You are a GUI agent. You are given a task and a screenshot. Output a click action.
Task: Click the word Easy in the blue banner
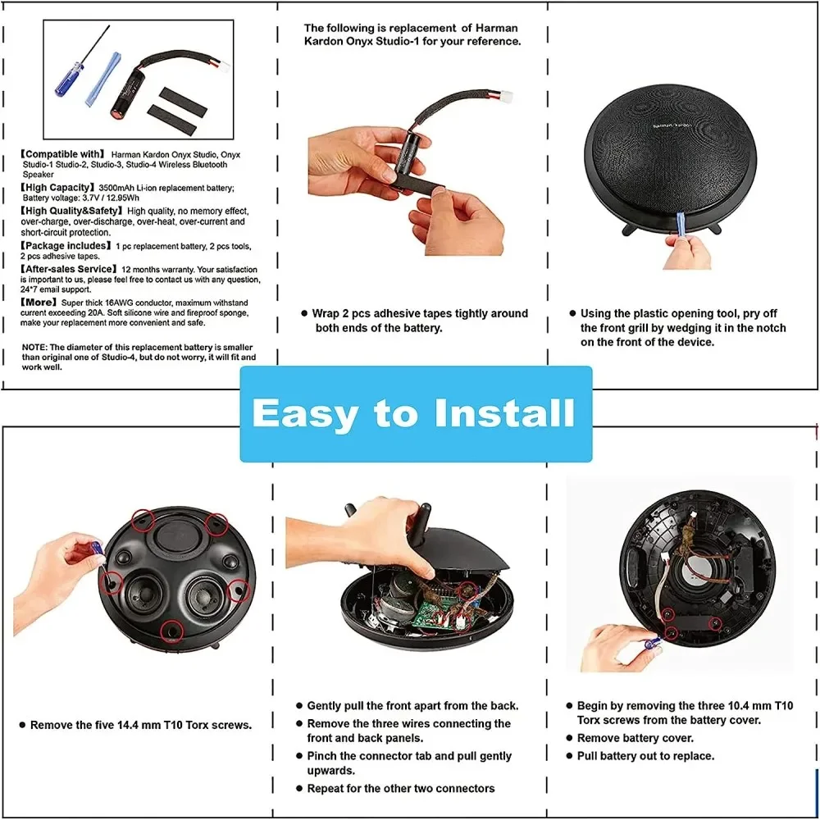pyautogui.click(x=305, y=414)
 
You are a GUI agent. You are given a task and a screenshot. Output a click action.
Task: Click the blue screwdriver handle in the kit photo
pyautogui.click(x=69, y=80)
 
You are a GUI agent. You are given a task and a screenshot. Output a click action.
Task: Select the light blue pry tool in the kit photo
pyautogui.click(x=103, y=79)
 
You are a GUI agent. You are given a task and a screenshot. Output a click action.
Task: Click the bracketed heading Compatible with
pyautogui.click(x=63, y=154)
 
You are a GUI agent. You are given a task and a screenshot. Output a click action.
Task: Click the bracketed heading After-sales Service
pyautogui.click(x=69, y=269)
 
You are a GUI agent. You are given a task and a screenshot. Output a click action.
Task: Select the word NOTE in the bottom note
pyautogui.click(x=34, y=347)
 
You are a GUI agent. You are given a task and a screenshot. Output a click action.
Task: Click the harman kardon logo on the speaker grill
pyautogui.click(x=672, y=125)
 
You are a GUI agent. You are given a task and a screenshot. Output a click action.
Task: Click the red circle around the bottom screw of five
pyautogui.click(x=171, y=631)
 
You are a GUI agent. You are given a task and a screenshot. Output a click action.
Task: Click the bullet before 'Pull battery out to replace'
pyautogui.click(x=570, y=756)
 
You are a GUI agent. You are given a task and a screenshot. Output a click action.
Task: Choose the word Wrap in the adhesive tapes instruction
pyautogui.click(x=326, y=314)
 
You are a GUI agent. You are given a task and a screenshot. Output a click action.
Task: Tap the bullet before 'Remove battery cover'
pyautogui.click(x=570, y=739)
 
